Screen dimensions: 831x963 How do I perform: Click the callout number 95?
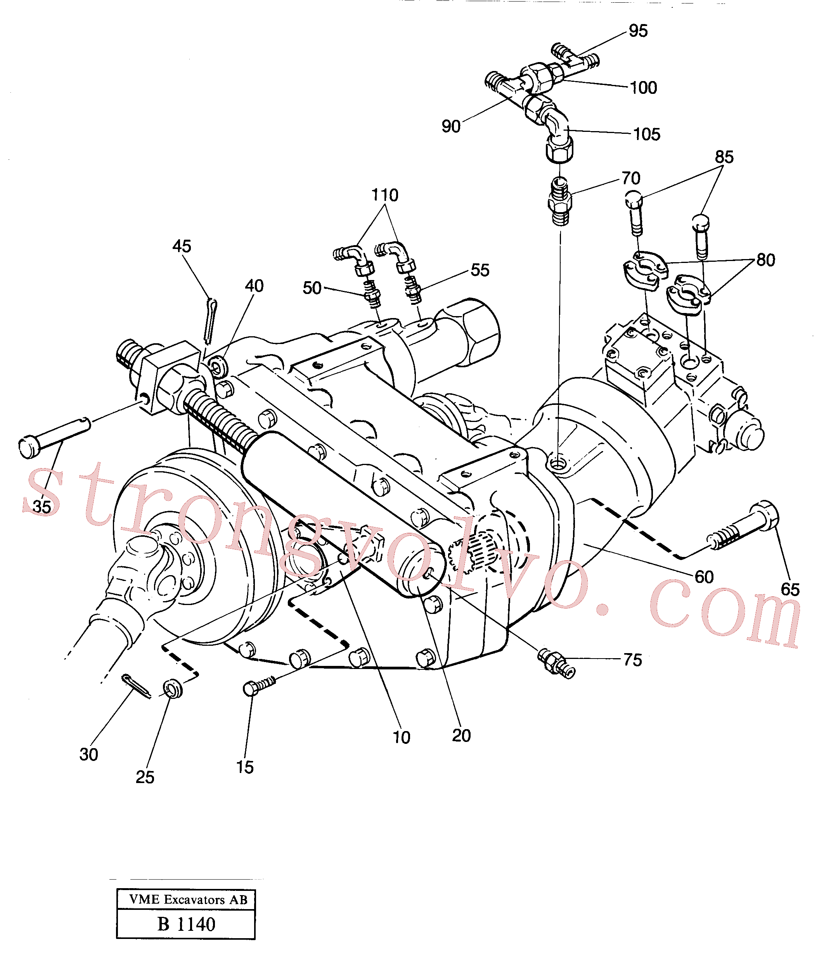coord(638,31)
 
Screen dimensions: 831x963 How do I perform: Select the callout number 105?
coord(646,134)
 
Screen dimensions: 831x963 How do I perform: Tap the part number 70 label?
coord(631,178)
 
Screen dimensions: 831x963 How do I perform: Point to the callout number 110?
coord(384,195)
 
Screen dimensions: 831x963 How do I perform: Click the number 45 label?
coord(182,246)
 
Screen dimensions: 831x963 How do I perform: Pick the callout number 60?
coord(704,577)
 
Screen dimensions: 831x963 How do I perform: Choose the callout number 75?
coord(632,660)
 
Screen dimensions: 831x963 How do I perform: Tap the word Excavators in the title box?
coord(194,899)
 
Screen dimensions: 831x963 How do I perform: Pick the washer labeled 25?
coord(173,689)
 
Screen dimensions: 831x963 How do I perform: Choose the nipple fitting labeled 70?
coord(560,201)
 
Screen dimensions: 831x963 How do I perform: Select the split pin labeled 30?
coord(136,686)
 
